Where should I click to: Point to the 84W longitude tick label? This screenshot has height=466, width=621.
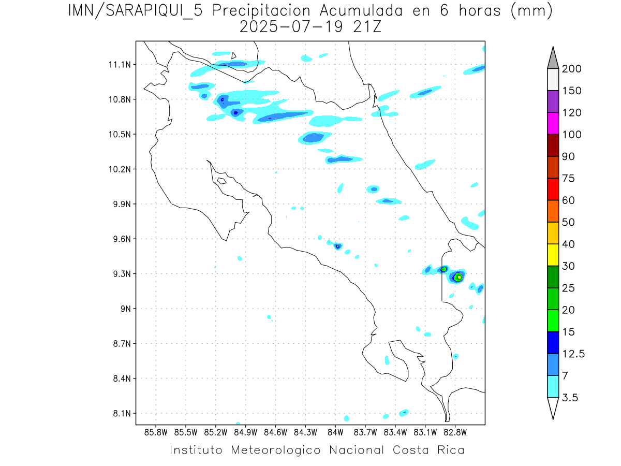click(335, 431)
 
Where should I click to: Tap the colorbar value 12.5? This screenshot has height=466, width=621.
click(573, 354)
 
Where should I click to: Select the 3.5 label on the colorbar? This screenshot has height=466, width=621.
click(571, 398)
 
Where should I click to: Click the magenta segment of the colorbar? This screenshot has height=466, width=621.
click(553, 123)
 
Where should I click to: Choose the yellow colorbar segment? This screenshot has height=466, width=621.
click(553, 255)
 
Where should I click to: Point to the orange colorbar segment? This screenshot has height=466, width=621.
click(553, 211)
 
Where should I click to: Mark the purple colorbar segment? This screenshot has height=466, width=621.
click(553, 101)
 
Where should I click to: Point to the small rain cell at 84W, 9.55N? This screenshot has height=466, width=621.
click(338, 246)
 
